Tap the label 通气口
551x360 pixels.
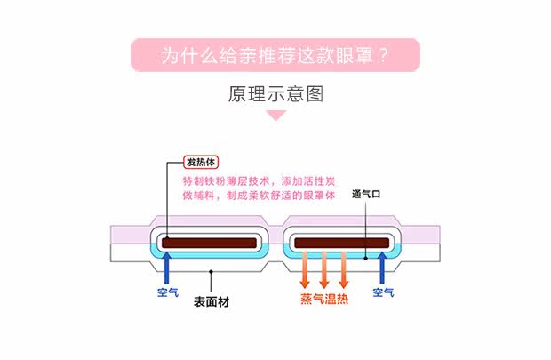click(x=366, y=194)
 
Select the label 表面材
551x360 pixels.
click(x=212, y=300)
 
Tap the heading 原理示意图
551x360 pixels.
click(x=275, y=94)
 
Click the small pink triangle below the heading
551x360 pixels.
click(x=275, y=116)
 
